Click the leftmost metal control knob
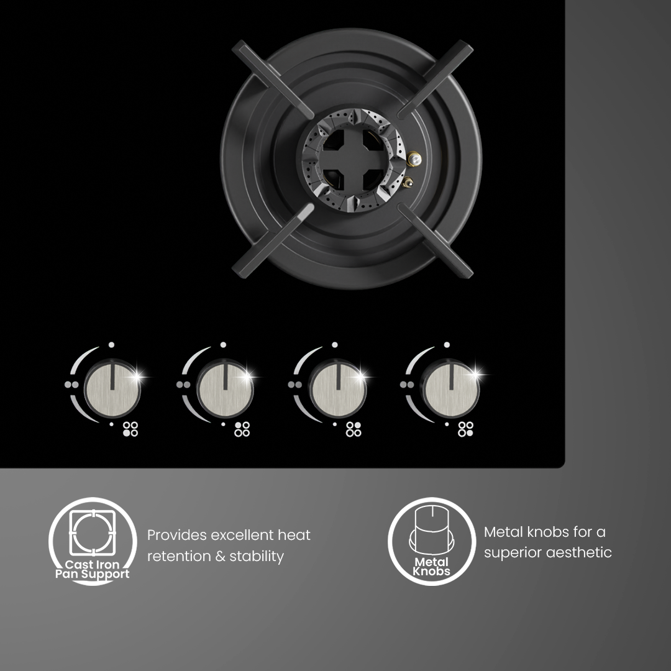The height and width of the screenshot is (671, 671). click(x=112, y=388)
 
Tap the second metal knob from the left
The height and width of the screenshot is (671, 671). click(x=225, y=388)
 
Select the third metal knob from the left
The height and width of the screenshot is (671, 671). click(x=337, y=388)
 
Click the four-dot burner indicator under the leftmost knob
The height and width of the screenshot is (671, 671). click(x=130, y=429)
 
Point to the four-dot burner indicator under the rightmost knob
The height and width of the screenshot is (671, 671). click(x=465, y=429)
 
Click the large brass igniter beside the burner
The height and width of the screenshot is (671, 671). click(x=414, y=159)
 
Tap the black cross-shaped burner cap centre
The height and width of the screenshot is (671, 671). click(x=351, y=159)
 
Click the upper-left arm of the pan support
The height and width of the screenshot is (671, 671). click(x=273, y=79)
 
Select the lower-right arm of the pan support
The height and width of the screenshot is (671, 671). click(x=436, y=241)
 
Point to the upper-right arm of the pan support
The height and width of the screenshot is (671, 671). click(x=436, y=79)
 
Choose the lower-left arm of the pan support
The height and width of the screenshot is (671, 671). click(x=273, y=241)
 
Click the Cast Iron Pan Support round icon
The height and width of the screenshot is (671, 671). click(x=93, y=541)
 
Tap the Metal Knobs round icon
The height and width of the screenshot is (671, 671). click(x=432, y=541)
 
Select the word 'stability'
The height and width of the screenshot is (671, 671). click(x=257, y=556)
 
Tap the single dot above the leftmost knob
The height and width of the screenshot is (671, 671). click(x=111, y=344)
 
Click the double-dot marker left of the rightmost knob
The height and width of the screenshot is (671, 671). click(x=407, y=385)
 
